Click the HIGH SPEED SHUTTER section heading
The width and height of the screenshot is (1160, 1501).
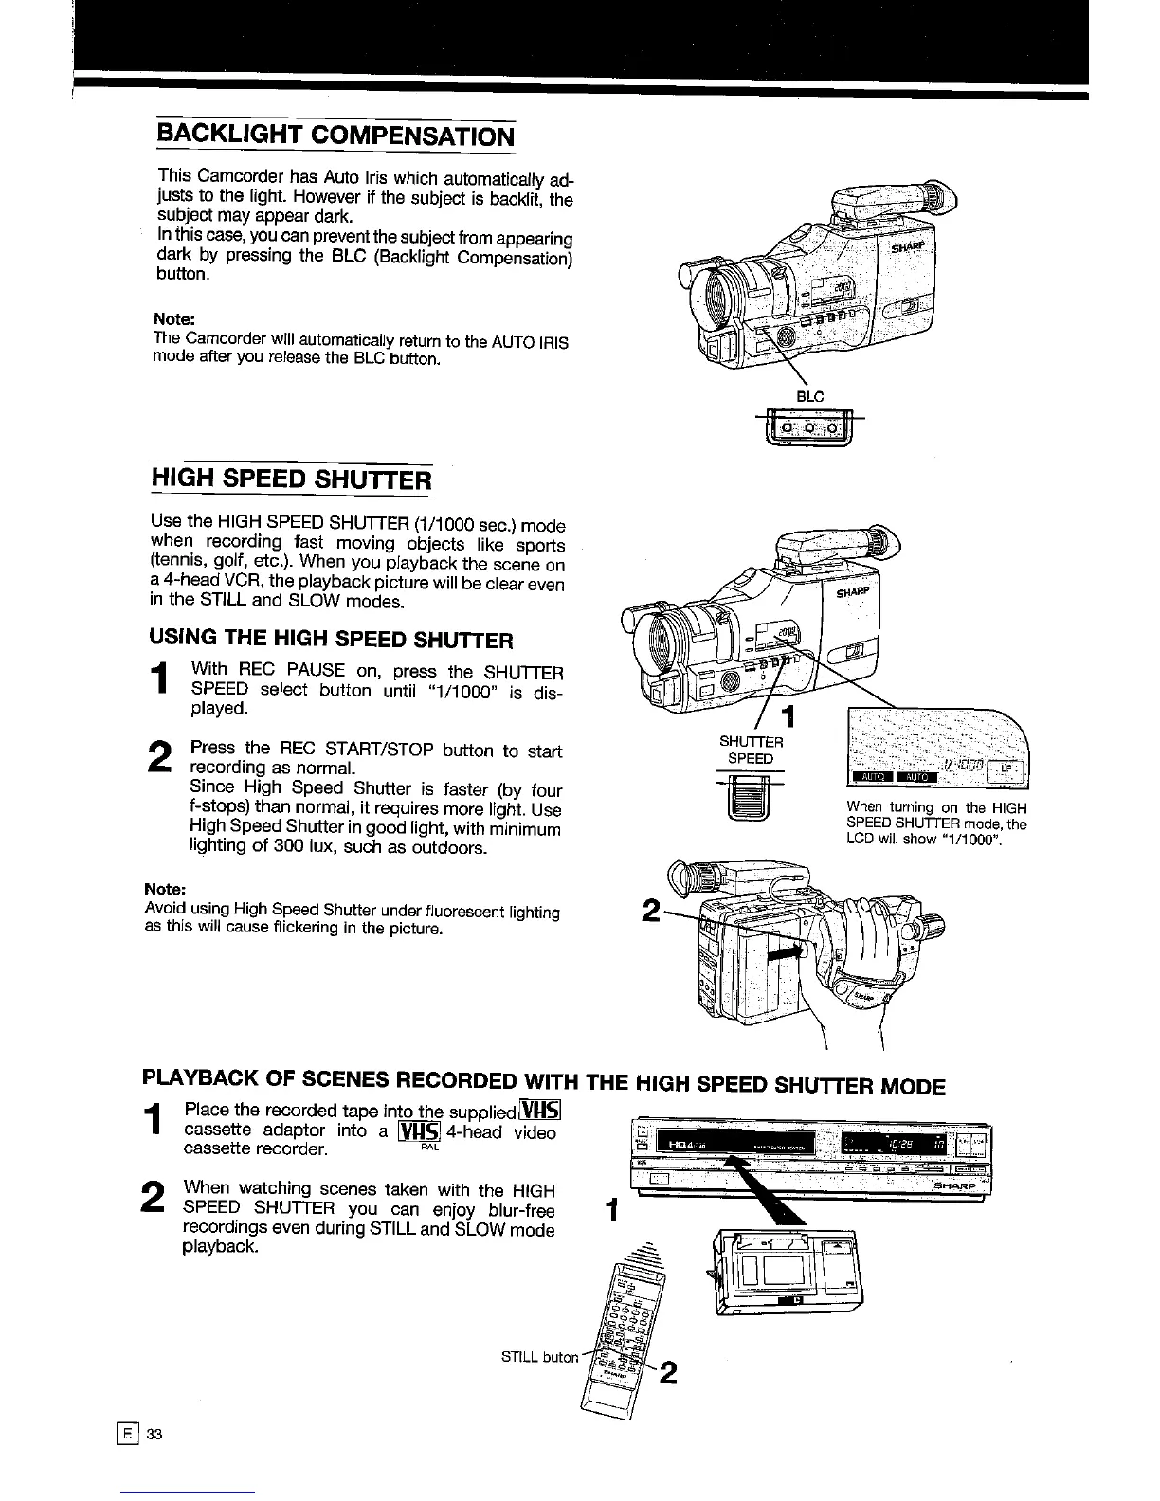pyautogui.click(x=292, y=478)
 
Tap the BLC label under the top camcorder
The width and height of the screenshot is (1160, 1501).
pyautogui.click(x=809, y=396)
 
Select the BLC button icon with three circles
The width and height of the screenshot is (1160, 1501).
pyautogui.click(x=810, y=429)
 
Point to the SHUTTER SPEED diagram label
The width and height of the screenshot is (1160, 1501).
pyautogui.click(x=751, y=750)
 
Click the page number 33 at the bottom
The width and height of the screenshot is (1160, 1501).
pyautogui.click(x=155, y=1434)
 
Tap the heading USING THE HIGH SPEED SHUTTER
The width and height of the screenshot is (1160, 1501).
pyautogui.click(x=332, y=639)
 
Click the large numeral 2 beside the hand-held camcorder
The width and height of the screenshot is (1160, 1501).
pyautogui.click(x=651, y=912)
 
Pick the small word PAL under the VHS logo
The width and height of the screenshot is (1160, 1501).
pyautogui.click(x=427, y=1148)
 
